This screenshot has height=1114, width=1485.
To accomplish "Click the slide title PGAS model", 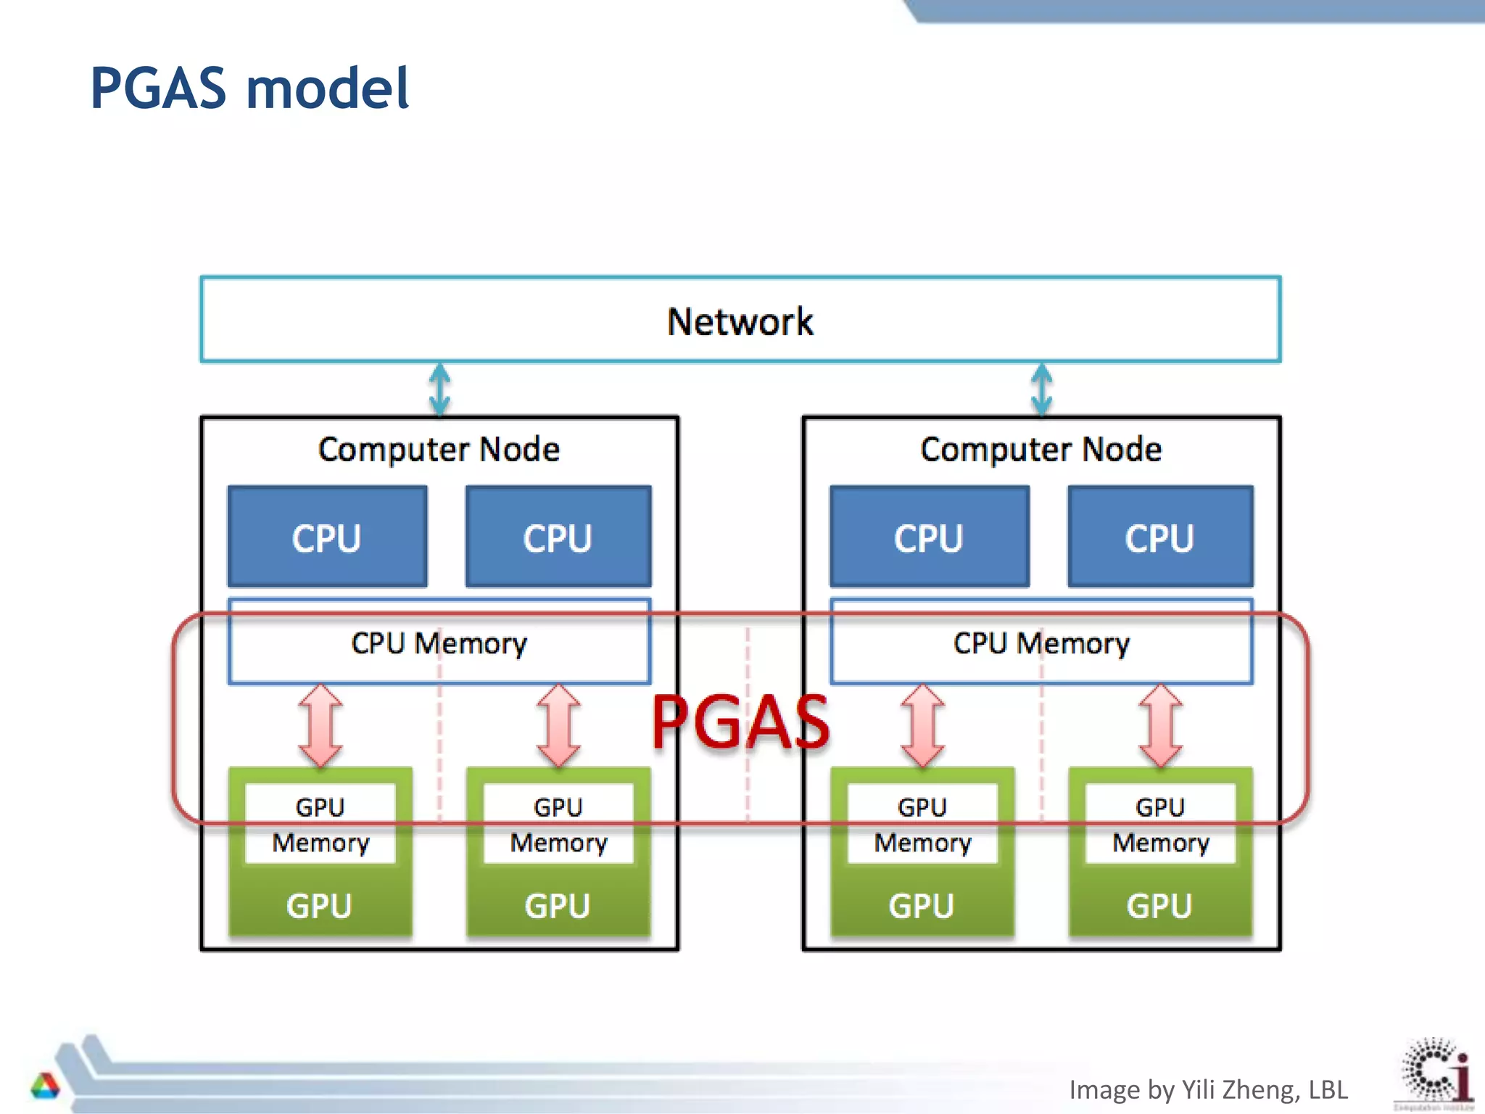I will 249,88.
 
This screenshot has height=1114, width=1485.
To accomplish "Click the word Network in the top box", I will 740,321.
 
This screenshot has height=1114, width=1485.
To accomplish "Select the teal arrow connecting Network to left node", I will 439,389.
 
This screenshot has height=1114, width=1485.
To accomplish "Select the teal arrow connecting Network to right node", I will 1042,389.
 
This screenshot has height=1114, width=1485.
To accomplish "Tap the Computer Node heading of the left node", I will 439,450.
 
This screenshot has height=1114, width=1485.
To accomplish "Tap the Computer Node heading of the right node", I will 1041,450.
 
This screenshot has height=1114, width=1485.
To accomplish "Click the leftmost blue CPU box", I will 327,537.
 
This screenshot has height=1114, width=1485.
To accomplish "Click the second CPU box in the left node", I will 558,537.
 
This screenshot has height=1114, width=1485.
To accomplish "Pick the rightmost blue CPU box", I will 1159,537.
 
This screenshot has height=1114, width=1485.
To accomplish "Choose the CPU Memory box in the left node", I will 439,643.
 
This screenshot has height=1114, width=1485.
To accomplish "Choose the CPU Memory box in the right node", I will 1041,643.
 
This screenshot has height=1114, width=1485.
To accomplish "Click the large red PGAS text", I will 740,722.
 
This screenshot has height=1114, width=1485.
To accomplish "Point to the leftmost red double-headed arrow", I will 320,725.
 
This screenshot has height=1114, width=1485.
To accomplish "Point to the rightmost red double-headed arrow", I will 1160,725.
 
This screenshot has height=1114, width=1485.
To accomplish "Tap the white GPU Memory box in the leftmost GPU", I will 320,824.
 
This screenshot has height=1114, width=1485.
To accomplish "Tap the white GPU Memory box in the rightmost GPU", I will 1160,824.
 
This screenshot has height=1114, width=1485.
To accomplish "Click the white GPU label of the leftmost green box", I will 319,906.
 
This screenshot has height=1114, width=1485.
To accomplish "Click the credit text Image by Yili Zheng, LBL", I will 1208,1089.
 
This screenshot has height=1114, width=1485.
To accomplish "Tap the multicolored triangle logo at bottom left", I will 45,1086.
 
